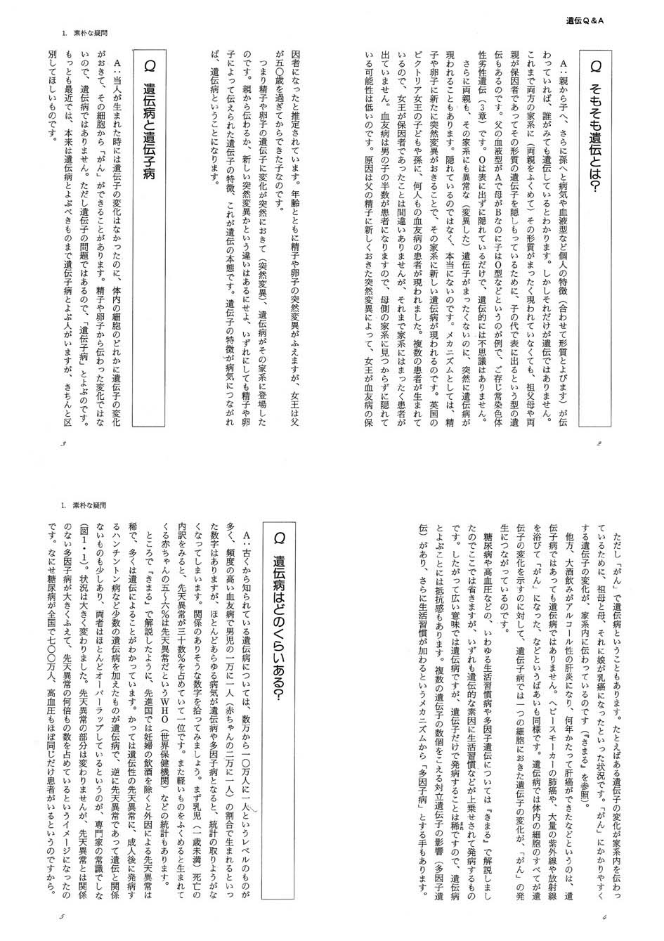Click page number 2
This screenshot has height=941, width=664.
[x=599, y=444]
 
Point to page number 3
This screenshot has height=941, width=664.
[x=65, y=444]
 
